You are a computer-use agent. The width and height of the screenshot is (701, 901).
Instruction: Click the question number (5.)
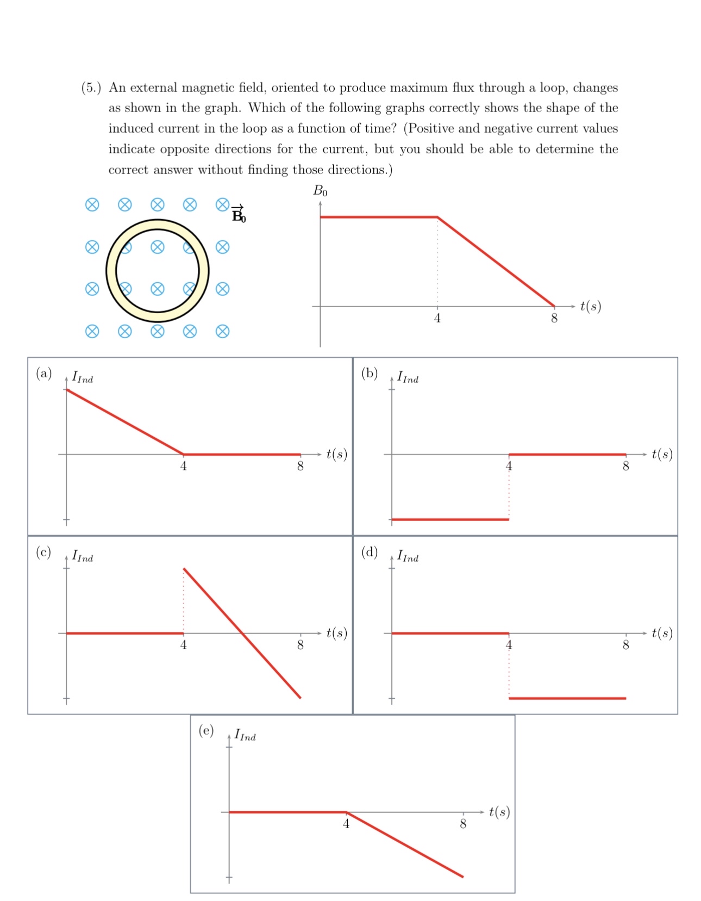tap(91, 88)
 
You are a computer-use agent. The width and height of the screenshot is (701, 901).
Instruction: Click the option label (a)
tap(43, 373)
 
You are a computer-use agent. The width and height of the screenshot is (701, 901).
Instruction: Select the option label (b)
tap(370, 373)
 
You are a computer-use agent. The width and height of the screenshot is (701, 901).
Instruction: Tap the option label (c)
tap(43, 552)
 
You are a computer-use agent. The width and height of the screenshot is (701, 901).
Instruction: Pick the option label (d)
tap(370, 552)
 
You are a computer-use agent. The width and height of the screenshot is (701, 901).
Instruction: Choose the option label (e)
tap(206, 730)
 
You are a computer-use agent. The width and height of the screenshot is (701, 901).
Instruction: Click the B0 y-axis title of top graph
tap(320, 191)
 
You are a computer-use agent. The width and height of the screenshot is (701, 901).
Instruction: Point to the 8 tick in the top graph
tap(554, 319)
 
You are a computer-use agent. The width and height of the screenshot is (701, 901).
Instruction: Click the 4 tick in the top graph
tap(437, 319)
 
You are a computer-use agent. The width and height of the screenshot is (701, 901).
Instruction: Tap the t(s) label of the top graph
tap(591, 306)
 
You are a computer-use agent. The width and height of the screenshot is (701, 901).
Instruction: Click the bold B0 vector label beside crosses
tap(239, 215)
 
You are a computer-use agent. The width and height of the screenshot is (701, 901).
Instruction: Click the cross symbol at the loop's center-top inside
tap(158, 247)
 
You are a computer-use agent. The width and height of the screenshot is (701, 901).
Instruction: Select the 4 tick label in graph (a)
tap(184, 467)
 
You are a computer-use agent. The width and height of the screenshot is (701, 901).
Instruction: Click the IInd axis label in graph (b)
tap(408, 377)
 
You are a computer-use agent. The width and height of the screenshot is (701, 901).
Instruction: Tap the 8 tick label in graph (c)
tap(301, 645)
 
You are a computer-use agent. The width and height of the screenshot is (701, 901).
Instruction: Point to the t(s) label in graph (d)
tap(662, 633)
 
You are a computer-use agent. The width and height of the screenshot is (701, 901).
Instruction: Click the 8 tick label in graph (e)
tap(463, 824)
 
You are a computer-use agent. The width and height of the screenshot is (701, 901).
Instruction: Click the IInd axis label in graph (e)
tap(245, 736)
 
